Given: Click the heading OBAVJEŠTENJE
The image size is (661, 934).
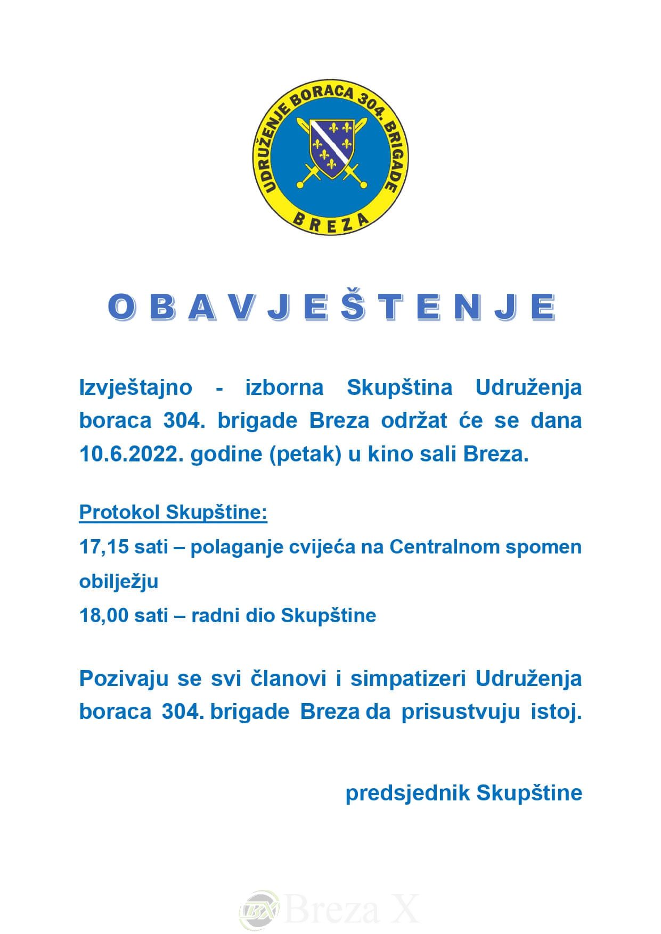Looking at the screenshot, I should [x=331, y=308].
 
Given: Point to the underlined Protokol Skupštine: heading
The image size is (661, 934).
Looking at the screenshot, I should [x=173, y=512].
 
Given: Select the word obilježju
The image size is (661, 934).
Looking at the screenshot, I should [x=119, y=581].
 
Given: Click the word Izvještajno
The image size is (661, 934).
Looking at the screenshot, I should [x=135, y=387].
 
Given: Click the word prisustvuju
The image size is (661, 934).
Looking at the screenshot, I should [x=460, y=712].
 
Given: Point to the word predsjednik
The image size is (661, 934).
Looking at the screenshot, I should [x=407, y=792].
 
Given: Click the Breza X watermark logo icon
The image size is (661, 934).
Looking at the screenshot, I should [x=259, y=908].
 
